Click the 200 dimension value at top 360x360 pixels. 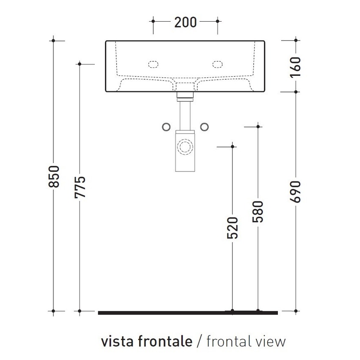pyautogui.click(x=185, y=22)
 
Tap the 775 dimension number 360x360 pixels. pyautogui.click(x=80, y=186)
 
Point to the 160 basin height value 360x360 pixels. pyautogui.click(x=295, y=66)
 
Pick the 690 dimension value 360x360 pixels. pyautogui.click(x=295, y=191)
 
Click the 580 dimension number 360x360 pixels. pyautogui.click(x=258, y=211)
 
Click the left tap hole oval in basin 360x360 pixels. pyautogui.click(x=152, y=64)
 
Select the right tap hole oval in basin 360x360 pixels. pyautogui.click(x=218, y=64)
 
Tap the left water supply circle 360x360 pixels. pyautogui.click(x=166, y=126)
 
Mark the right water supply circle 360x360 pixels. pyautogui.click(x=205, y=126)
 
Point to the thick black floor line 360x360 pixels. pyautogui.click(x=188, y=313)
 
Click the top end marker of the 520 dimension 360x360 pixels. pyautogui.click(x=232, y=147)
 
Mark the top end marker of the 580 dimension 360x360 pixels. pyautogui.click(x=258, y=126)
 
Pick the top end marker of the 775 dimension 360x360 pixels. pyautogui.click(x=80, y=64)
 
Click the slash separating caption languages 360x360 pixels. pyautogui.click(x=199, y=341)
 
